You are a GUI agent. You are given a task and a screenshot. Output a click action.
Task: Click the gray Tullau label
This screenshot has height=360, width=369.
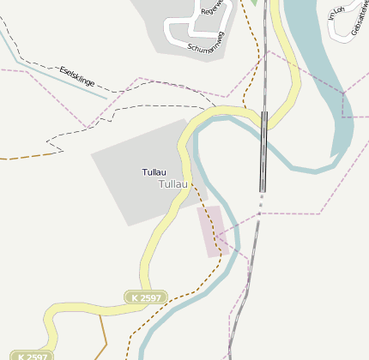[172, 184]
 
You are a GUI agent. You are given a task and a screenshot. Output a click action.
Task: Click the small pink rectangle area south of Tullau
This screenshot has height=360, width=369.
[211, 230]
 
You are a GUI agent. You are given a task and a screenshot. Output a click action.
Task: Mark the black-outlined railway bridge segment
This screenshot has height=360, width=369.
[264, 151]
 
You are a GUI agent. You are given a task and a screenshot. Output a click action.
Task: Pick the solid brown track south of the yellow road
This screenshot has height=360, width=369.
[102, 334]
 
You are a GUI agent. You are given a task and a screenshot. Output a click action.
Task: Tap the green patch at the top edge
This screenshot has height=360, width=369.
[254, 3]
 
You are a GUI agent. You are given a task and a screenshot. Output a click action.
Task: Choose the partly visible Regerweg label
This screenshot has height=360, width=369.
[210, 9]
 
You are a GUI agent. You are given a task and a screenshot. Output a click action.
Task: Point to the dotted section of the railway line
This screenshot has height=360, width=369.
[259, 202]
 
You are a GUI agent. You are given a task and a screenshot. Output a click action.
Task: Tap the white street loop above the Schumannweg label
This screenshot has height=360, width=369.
[181, 25]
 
